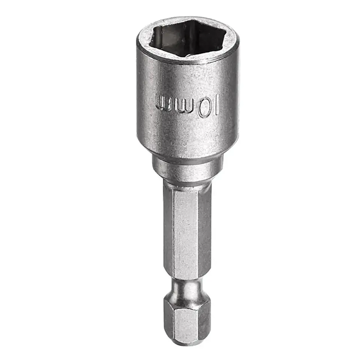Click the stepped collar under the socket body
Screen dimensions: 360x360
pyautogui.click(x=187, y=165)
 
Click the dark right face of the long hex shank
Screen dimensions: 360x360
pyautogui.click(x=204, y=232)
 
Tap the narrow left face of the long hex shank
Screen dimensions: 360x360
pyautogui.click(x=168, y=232)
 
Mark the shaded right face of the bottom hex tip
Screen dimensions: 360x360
pyautogui.click(x=204, y=321)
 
